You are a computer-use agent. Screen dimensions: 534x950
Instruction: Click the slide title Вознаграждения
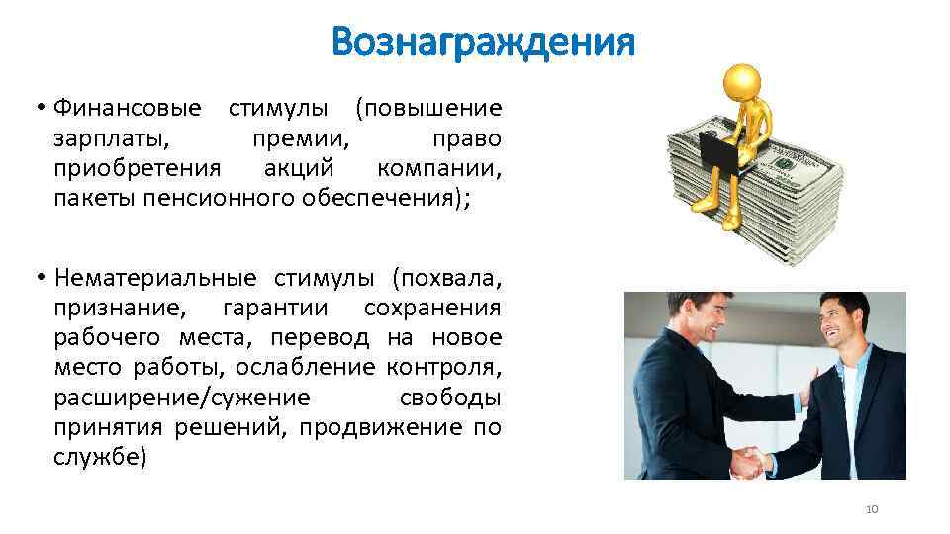[x=482, y=43]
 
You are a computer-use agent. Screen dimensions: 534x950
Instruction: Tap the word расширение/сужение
[x=182, y=398]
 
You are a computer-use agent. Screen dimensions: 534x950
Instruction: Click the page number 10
[x=872, y=509]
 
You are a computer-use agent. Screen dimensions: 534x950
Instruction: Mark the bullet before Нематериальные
[x=40, y=278]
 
